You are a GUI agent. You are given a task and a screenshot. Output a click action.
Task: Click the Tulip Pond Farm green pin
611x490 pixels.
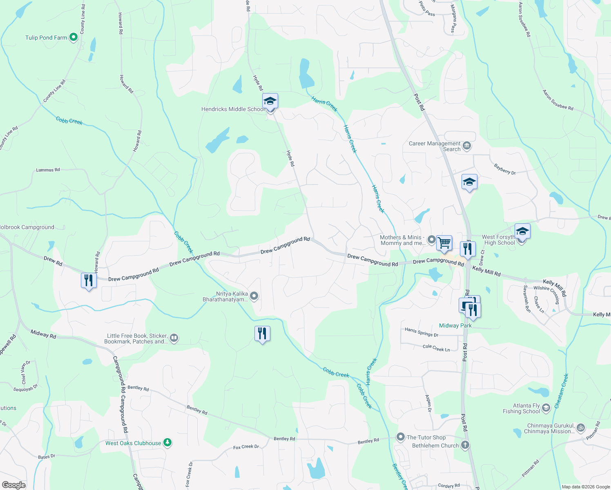pyautogui.click(x=74, y=37)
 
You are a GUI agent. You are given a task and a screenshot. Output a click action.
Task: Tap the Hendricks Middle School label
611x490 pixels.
pyautogui.click(x=233, y=109)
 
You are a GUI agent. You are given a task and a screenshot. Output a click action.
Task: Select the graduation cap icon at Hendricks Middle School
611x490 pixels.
pyautogui.click(x=270, y=101)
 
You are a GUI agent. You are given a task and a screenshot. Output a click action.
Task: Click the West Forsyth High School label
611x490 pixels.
pyautogui.click(x=499, y=240)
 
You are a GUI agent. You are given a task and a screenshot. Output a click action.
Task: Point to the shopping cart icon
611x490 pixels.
pyautogui.click(x=444, y=243)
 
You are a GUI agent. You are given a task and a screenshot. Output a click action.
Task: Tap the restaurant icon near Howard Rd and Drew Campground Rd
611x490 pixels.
pyautogui.click(x=89, y=281)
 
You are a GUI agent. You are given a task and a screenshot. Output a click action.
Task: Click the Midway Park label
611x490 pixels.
pyautogui.click(x=455, y=325)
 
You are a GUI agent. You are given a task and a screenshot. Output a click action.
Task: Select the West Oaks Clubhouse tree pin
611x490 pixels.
pyautogui.click(x=167, y=442)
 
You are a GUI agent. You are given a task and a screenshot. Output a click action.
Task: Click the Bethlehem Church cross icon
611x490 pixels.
pyautogui.click(x=465, y=445)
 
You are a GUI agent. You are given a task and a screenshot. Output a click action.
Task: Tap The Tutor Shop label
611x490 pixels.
pyautogui.click(x=426, y=437)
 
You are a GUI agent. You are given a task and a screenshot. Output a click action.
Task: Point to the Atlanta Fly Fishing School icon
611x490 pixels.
pyautogui.click(x=546, y=408)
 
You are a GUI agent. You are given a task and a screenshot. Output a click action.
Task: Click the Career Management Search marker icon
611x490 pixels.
pyautogui.click(x=467, y=146)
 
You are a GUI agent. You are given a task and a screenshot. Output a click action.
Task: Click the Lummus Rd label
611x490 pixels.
pyautogui.click(x=48, y=170)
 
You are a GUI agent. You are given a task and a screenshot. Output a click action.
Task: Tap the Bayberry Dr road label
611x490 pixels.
pyautogui.click(x=505, y=169)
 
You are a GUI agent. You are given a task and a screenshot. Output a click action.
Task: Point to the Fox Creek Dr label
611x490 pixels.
pyautogui.click(x=246, y=447)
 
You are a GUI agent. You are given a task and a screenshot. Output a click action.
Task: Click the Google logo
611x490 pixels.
pyautogui.click(x=13, y=485)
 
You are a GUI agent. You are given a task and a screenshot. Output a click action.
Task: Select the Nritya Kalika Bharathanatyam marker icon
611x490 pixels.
pyautogui.click(x=254, y=296)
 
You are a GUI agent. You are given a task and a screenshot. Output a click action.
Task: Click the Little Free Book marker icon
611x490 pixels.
pyautogui.click(x=174, y=338)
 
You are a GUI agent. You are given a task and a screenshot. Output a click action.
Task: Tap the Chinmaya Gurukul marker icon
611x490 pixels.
pyautogui.click(x=581, y=428)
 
